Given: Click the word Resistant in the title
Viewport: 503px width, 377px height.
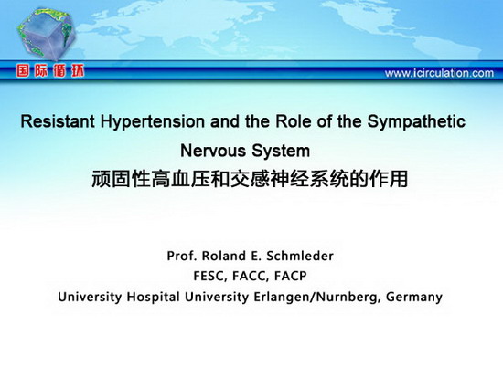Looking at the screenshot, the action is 58,121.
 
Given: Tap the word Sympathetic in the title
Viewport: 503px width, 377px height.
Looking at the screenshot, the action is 416,122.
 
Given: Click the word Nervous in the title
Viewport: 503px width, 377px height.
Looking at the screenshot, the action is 213,151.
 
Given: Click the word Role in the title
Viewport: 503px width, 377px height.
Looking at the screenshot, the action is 294,121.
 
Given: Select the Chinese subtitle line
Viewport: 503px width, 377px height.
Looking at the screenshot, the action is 250,179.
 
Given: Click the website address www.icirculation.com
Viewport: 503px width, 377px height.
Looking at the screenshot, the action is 439,73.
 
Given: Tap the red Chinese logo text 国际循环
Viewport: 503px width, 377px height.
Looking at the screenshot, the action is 50,70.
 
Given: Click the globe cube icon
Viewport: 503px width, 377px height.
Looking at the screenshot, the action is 47,34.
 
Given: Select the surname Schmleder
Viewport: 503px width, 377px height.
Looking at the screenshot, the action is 300,256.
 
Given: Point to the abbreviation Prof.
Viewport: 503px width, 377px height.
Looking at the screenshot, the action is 182,256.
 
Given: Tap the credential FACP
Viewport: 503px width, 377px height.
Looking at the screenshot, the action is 290,276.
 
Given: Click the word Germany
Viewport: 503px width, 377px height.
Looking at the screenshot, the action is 414,298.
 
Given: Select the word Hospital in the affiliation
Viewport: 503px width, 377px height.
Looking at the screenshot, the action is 153,298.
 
